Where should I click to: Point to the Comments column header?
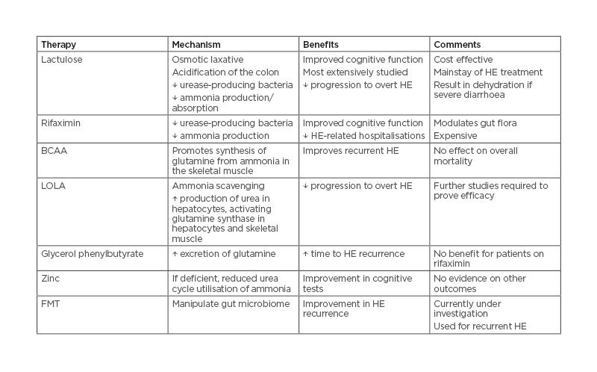coord(457,44)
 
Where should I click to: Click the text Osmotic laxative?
coord(207,59)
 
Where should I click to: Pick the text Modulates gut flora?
coord(473,123)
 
